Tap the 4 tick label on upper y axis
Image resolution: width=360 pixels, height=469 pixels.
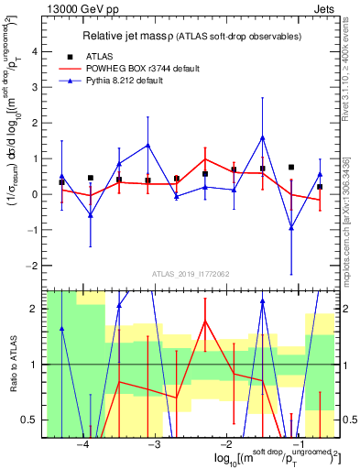pos(35,52)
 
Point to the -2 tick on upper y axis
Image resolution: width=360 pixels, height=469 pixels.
pos(33,266)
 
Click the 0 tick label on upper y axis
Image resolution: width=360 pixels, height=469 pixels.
pos(35,194)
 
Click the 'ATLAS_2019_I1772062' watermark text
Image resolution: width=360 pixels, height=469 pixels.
pos(191,274)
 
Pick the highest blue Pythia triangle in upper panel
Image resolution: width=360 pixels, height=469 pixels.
pos(262,137)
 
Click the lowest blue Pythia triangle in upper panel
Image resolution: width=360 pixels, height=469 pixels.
pos(291,228)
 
